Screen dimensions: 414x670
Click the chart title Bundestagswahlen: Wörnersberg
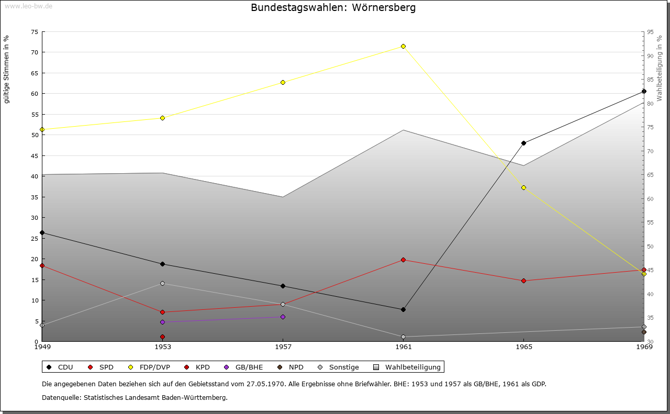point(333,8)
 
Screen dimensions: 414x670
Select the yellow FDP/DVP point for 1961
point(403,47)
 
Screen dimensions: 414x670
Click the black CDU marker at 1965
point(523,143)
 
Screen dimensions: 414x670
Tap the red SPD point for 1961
point(403,260)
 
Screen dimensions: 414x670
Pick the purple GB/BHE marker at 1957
point(283,317)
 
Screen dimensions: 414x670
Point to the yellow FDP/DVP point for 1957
point(283,82)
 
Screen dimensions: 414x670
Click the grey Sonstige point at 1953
point(162,284)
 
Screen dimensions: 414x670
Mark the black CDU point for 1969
point(644,92)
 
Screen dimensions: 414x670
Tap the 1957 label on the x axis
point(283,347)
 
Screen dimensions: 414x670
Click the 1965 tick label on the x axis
point(523,347)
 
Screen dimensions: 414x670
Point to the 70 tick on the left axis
point(34,52)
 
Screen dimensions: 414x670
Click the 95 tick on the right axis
point(650,32)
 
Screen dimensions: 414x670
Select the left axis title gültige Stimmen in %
point(7,69)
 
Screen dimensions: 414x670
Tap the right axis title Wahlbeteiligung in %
point(659,68)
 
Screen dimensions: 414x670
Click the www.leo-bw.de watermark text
point(28,6)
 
